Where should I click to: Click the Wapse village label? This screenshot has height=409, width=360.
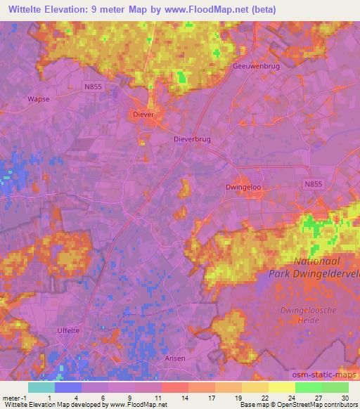pos(38,99)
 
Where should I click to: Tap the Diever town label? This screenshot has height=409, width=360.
pos(143,114)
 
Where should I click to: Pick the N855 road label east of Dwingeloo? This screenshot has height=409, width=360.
pos(314,183)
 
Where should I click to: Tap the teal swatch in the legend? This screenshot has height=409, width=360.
pos(41,387)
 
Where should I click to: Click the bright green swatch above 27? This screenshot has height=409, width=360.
pos(308,387)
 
